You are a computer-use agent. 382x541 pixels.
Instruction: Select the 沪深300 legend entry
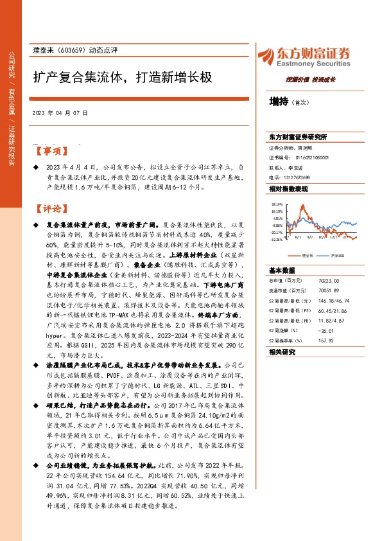coord(336,255)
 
